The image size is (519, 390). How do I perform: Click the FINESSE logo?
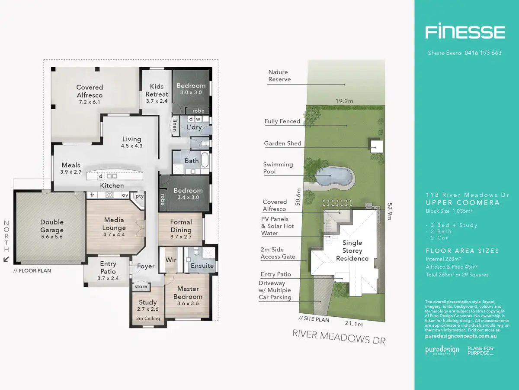[465, 32]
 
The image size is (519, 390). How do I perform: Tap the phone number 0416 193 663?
[483, 53]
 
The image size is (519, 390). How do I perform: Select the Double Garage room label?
[52, 226]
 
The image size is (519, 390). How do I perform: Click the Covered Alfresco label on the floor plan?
[90, 91]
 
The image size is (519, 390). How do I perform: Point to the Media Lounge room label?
[115, 224]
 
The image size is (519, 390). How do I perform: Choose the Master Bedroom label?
[188, 292]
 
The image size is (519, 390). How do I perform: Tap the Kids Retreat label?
[157, 90]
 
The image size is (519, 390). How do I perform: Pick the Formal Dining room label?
[181, 226]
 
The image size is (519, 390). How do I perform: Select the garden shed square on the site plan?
[376, 146]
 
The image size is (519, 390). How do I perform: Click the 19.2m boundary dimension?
[344, 101]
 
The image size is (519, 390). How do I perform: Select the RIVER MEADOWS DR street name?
[339, 336]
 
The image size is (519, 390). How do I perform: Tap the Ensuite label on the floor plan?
[202, 266]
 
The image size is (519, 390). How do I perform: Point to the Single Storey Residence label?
[352, 250]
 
